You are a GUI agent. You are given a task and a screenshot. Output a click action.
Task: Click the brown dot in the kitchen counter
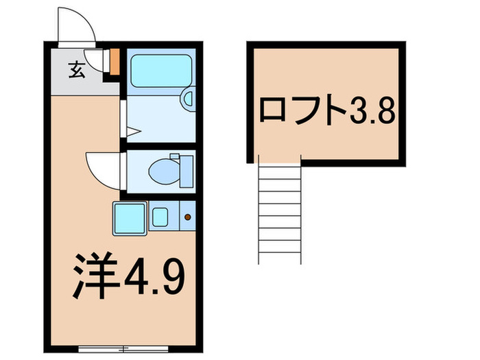pyautogui.click(x=188, y=218)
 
